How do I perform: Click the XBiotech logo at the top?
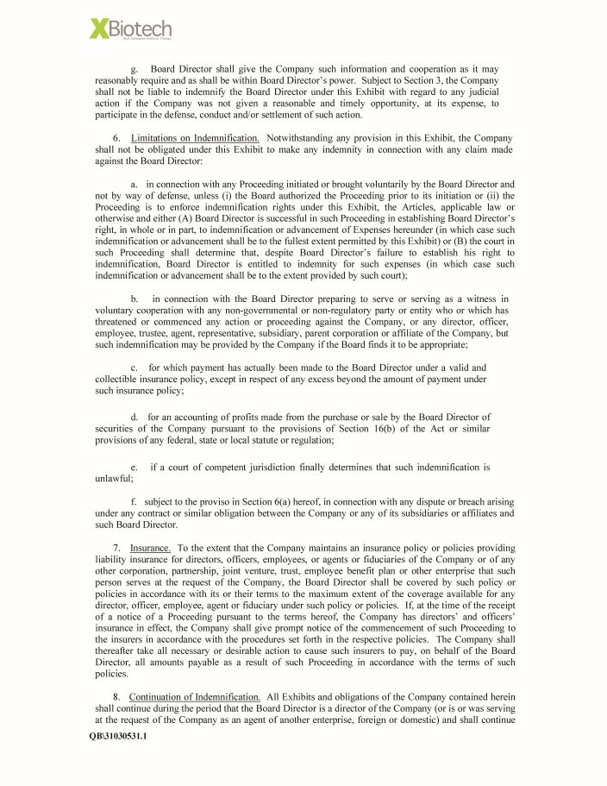(x=130, y=29)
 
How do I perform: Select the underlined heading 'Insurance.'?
(x=150, y=548)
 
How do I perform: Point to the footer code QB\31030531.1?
(x=118, y=736)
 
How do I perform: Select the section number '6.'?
(x=117, y=138)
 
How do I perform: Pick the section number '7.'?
(x=117, y=548)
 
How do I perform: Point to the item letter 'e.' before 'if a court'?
(x=135, y=467)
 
